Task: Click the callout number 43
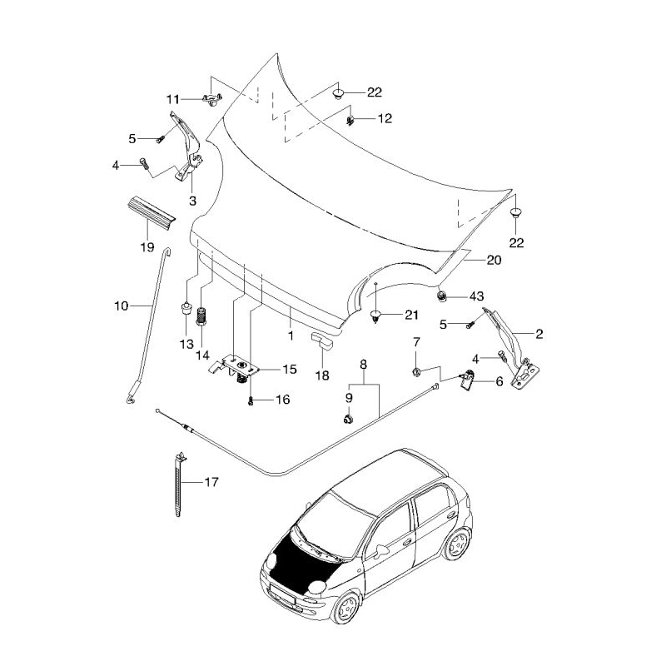476,296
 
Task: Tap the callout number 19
147,247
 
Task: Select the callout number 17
211,482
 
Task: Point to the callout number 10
121,306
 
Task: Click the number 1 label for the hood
291,335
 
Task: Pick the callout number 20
494,260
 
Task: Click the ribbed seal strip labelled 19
152,213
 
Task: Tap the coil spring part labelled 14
201,316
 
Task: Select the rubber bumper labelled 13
186,307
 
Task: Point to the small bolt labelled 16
251,400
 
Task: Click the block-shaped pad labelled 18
322,340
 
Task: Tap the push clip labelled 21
375,316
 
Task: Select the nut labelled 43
442,296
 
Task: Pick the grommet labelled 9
349,419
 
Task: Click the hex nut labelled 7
416,372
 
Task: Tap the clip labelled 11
212,100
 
